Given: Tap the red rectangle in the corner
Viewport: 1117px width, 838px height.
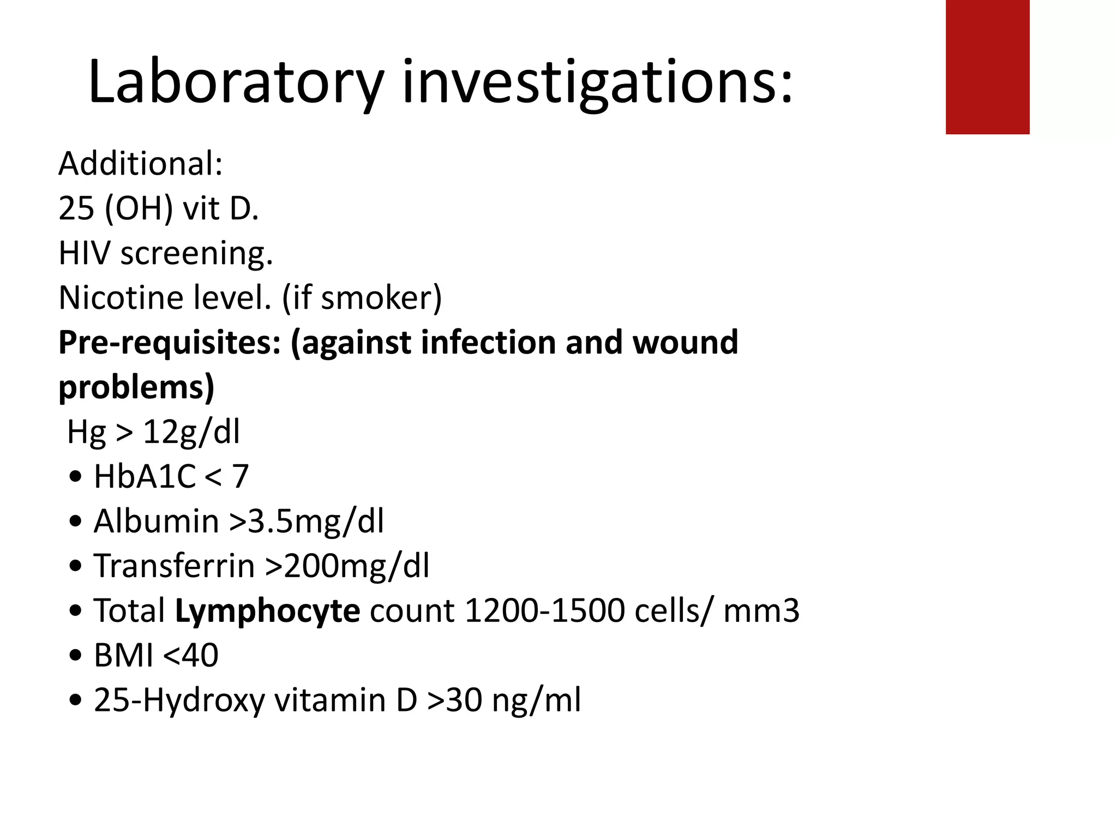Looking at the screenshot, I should pyautogui.click(x=987, y=67).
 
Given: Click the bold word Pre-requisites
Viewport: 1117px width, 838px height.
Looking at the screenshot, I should pyautogui.click(x=170, y=343).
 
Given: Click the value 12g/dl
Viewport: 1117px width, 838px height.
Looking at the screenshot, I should pyautogui.click(x=191, y=432).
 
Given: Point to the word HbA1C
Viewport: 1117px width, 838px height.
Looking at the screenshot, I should pyautogui.click(x=145, y=476).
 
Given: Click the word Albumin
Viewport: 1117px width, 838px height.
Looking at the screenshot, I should pyautogui.click(x=156, y=521).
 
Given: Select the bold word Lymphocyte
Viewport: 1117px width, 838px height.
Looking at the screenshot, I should pyautogui.click(x=267, y=610).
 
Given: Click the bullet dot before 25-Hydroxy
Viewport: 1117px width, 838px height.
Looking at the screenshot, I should pyautogui.click(x=76, y=700).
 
